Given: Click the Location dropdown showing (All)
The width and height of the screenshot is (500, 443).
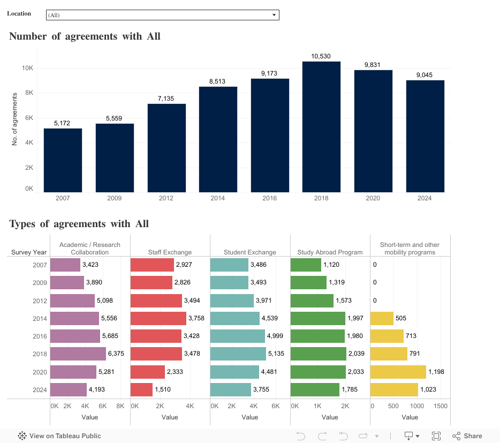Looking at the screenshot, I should coord(162,15).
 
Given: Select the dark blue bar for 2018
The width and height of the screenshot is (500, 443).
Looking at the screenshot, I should coord(321,126).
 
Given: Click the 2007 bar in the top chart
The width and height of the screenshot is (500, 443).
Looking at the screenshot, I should coord(63,160).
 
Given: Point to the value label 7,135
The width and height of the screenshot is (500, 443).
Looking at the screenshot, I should coord(166,99).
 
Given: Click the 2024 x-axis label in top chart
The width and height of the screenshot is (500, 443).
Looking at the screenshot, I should coord(425,198).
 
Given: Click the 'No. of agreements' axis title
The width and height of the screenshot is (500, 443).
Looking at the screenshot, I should coord(14,118).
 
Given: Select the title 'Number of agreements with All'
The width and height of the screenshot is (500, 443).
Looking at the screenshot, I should coord(85,36).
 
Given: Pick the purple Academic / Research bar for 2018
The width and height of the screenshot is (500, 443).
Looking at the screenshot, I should coord(78,354).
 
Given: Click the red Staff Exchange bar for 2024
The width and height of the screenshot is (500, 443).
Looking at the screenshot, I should coord(141,389).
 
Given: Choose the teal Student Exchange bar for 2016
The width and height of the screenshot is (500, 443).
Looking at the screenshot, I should coord(238,336).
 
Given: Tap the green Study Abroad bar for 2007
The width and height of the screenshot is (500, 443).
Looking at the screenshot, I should coord(306,265).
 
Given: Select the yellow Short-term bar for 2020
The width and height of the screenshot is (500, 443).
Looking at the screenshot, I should coord(398,372).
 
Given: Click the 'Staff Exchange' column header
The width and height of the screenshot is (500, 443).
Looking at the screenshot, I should coord(170,252).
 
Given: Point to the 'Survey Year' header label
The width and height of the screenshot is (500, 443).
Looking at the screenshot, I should coord(29,252).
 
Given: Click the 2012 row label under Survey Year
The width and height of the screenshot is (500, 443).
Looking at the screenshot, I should coord(39,301).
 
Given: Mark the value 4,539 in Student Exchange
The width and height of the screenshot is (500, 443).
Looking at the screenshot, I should coord(269,318).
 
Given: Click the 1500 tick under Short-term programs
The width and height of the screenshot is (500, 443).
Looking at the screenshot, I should coord(440,406).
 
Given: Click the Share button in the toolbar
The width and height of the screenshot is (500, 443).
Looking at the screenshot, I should coord(467,436).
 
